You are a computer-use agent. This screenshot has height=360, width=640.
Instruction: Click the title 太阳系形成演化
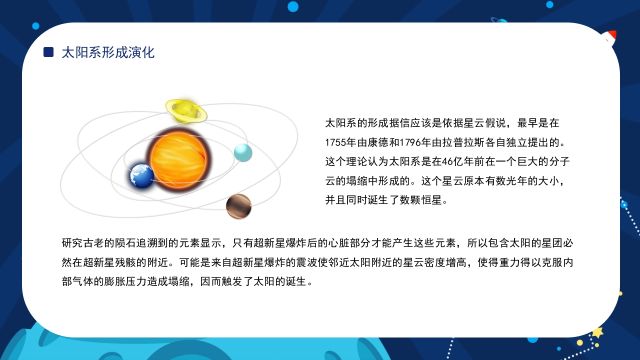pyautogui.click(x=108, y=52)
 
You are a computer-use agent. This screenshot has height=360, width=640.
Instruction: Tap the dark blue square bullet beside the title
pyautogui.click(x=48, y=52)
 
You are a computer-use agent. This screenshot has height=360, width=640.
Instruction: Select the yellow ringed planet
pyautogui.click(x=185, y=110)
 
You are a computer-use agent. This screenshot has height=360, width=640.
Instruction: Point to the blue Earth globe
pyautogui.click(x=142, y=175)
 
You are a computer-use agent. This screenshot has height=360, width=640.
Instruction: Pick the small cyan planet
pyautogui.click(x=243, y=152)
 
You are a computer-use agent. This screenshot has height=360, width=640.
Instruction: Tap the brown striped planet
pyautogui.click(x=238, y=206)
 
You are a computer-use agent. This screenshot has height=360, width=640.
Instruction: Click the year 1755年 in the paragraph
pyautogui.click(x=340, y=142)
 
